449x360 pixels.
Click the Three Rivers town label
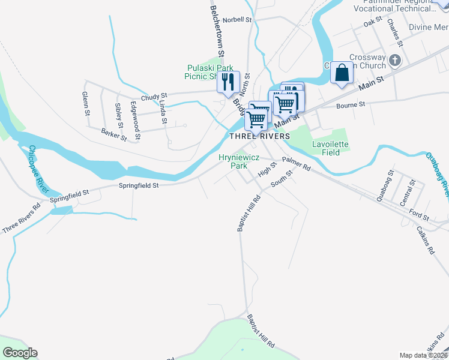click(259, 136)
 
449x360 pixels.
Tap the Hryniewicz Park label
click(233, 161)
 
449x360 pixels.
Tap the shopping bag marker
click(342, 73)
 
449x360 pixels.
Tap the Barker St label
click(114, 135)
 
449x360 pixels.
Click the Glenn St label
click(86, 104)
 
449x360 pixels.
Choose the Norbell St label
click(236, 20)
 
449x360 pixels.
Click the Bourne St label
click(351, 105)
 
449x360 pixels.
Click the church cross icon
click(395, 60)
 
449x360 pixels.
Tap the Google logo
click(20, 353)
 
